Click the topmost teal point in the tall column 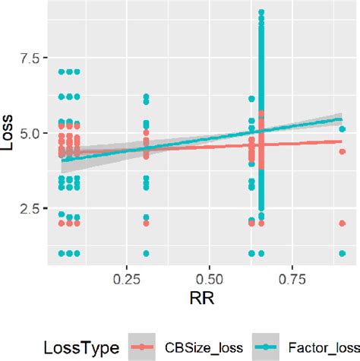tap(261, 13)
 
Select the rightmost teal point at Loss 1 tap(342, 253)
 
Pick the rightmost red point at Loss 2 tap(342, 223)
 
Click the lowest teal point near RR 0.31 tap(146, 253)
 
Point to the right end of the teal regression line tap(342, 119)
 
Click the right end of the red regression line tap(342, 141)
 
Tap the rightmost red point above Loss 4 tap(342, 152)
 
